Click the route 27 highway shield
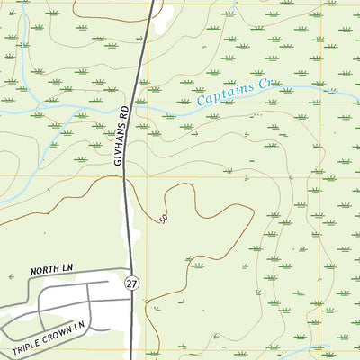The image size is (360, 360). coord(131,283)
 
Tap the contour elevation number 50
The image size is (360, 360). coord(163,219)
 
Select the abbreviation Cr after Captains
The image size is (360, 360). coord(264,87)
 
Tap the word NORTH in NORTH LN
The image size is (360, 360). coord(43,270)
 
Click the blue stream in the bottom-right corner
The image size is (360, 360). coord(315,349)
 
